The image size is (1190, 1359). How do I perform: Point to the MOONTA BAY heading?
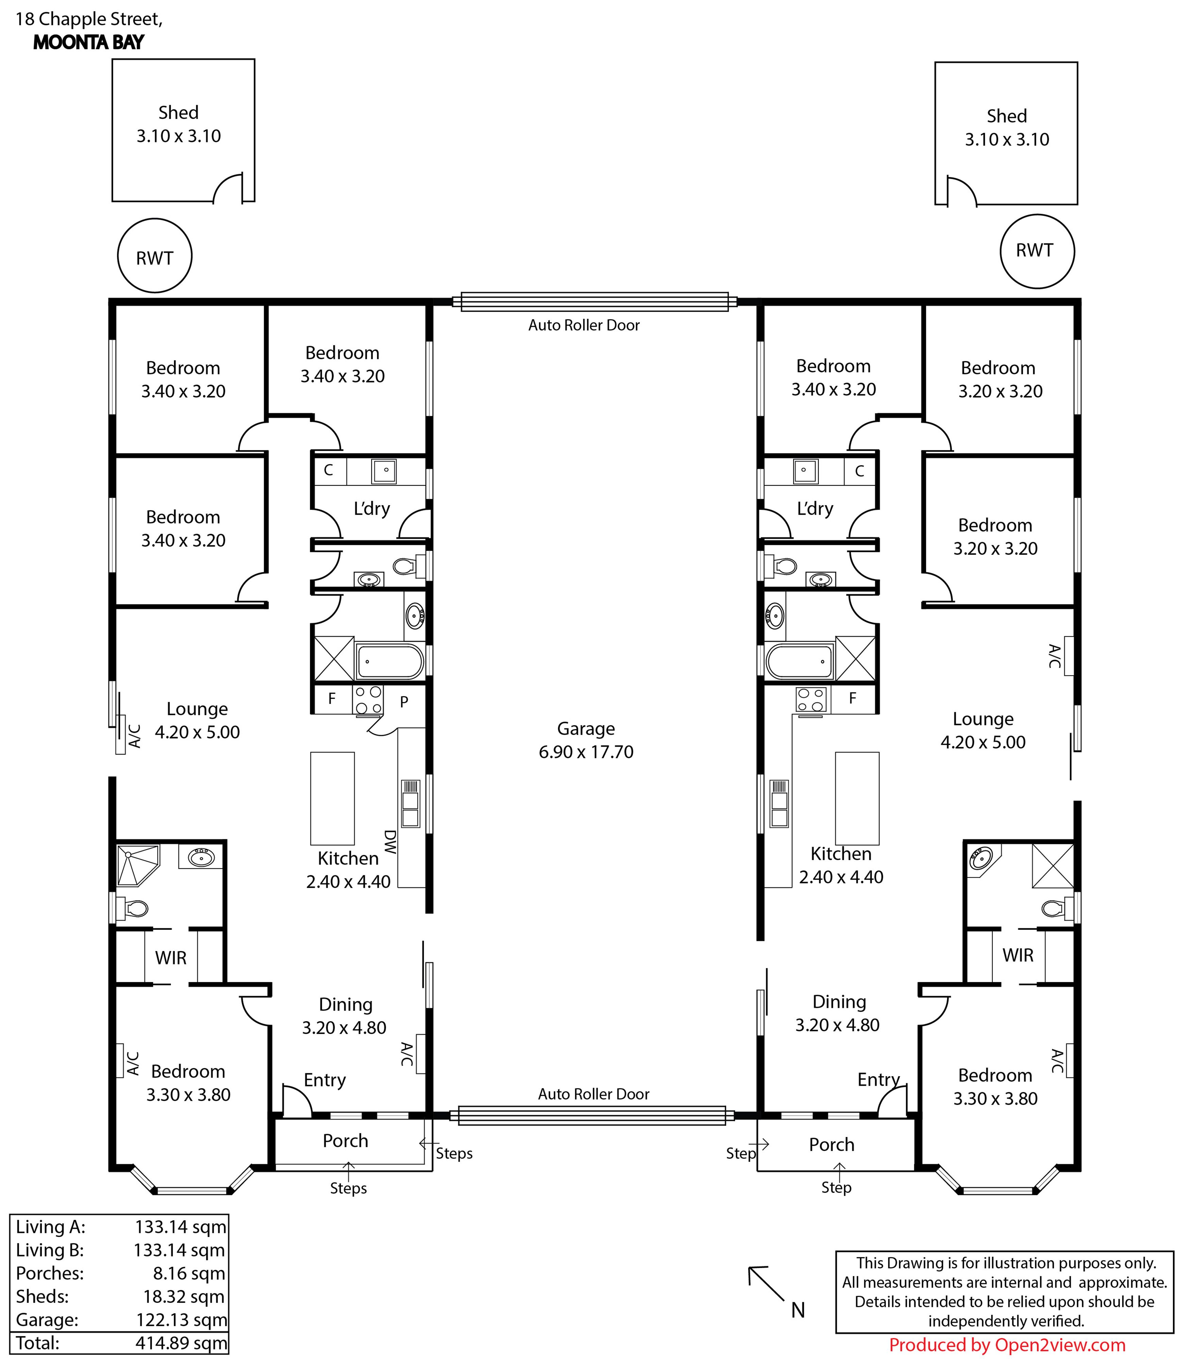[88, 42]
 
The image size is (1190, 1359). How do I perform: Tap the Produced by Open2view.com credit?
[1007, 1345]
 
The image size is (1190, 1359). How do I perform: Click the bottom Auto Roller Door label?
[594, 1094]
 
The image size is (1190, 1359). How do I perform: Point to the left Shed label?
[178, 124]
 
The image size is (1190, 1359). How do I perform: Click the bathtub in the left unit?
[390, 661]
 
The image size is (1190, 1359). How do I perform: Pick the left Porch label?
[345, 1140]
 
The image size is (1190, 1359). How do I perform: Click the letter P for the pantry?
[404, 702]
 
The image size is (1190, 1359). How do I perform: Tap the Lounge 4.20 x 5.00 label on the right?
[983, 730]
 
